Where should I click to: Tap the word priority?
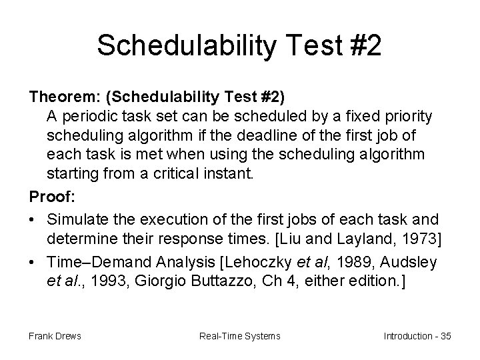point(408,116)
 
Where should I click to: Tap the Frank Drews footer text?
point(55,335)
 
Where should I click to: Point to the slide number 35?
point(445,335)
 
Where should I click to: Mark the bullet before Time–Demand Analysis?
point(33,262)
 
